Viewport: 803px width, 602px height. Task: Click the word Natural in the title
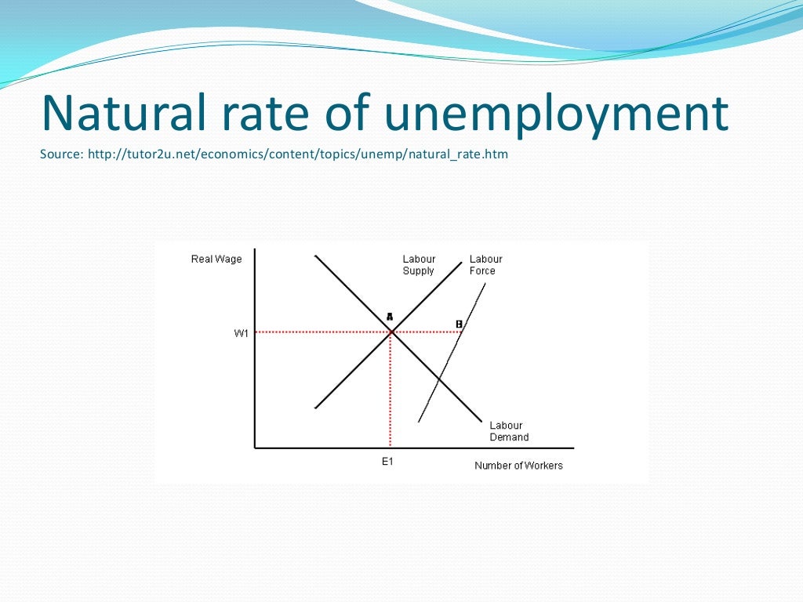[x=123, y=114]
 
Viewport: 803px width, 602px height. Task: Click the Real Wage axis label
[x=216, y=259]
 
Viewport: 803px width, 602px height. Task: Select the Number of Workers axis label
[x=518, y=466]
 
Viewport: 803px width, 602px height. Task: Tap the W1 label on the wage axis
[x=242, y=333]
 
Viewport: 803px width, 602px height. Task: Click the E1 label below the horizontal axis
[x=387, y=462]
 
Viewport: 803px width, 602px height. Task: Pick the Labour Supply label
[x=419, y=265]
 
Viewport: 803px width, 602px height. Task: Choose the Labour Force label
[x=485, y=265]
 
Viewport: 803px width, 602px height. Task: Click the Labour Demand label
[x=509, y=431]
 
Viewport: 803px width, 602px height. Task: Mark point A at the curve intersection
[x=391, y=332]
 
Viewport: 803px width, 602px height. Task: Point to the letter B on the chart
[x=460, y=324]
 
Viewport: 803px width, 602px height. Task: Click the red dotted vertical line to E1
[x=391, y=392]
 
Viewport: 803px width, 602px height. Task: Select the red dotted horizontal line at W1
[x=322, y=332]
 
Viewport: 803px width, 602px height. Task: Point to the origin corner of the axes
[x=255, y=448]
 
